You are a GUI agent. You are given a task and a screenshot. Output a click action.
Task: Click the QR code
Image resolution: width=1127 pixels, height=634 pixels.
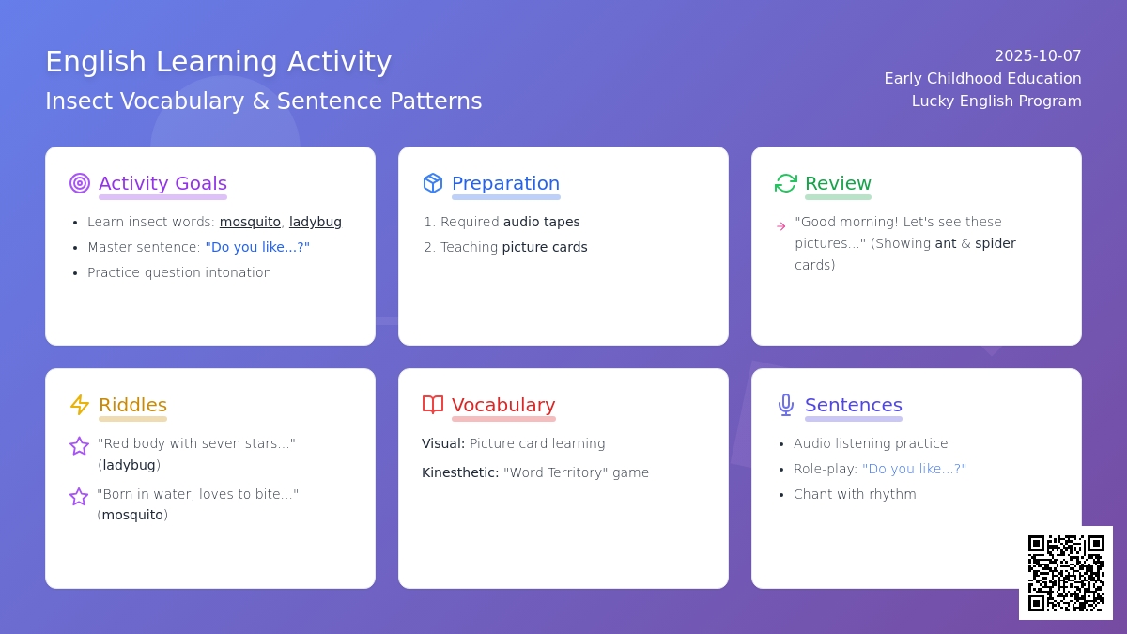(1066, 573)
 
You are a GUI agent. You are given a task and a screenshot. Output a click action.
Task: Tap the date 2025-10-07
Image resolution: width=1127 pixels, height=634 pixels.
(1038, 55)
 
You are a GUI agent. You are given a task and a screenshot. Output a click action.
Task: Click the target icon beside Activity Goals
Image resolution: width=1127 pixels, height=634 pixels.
(80, 183)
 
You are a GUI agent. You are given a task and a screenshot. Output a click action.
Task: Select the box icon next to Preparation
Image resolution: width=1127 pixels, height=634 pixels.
(433, 183)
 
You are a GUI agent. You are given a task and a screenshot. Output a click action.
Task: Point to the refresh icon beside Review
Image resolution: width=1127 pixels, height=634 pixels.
(786, 183)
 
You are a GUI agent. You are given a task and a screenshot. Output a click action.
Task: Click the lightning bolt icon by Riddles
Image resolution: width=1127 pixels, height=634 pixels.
(80, 405)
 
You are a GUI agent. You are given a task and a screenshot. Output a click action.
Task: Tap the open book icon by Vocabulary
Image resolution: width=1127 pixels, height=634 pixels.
(433, 405)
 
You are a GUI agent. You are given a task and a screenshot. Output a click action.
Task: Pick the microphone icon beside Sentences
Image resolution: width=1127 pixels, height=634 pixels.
(786, 405)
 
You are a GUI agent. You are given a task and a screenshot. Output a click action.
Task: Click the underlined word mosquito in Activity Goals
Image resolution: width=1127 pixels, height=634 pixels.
(250, 222)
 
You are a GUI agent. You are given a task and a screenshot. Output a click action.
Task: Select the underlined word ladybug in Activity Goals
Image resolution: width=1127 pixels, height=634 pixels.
(316, 222)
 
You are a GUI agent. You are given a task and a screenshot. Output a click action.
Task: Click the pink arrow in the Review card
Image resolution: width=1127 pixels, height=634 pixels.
(780, 226)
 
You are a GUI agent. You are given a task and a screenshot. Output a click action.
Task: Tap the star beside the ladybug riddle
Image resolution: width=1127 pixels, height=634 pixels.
(79, 446)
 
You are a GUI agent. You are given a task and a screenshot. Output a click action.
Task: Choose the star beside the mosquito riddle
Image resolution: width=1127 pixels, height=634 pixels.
(79, 497)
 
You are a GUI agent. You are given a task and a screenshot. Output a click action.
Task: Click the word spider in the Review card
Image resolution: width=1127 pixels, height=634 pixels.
(996, 244)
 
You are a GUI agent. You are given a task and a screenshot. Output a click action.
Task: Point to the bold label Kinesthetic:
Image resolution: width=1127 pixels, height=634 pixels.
(460, 472)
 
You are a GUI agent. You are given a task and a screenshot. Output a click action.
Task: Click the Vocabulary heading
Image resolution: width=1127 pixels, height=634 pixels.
(503, 405)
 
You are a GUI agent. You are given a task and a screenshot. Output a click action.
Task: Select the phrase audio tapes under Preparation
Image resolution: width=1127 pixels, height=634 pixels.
(541, 222)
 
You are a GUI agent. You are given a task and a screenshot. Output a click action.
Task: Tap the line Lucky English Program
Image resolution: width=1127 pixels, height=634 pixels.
(996, 101)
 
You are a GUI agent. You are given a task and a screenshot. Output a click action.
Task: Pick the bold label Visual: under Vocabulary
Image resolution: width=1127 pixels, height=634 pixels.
(443, 443)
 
